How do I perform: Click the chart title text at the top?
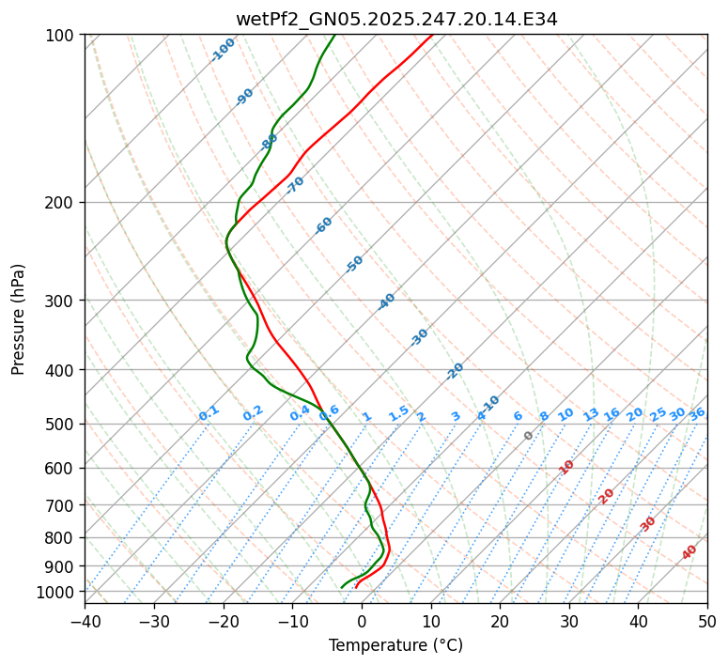[395, 19]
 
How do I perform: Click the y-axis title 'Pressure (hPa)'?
[19, 319]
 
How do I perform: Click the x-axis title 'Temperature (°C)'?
[395, 646]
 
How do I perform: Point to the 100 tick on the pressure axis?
[62, 36]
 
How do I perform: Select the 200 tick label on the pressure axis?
[62, 203]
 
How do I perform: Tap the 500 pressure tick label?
[62, 425]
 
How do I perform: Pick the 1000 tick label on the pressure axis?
[58, 592]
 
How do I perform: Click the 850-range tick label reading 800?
[62, 538]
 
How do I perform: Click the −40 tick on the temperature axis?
[85, 621]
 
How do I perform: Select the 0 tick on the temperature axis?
[363, 621]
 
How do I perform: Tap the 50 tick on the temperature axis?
[707, 621]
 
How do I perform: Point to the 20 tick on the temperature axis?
[501, 621]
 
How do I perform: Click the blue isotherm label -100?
[224, 50]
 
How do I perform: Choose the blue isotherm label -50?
[354, 264]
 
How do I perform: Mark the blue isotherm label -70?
[296, 185]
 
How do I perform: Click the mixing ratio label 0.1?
[209, 413]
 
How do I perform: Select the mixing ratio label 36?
[697, 414]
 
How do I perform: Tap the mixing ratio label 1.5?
[399, 413]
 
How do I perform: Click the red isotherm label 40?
[689, 552]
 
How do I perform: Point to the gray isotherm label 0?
[529, 436]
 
